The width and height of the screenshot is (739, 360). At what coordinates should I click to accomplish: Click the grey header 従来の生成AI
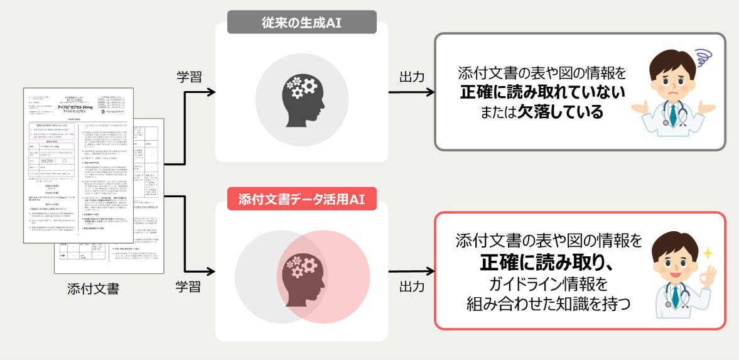(x=301, y=23)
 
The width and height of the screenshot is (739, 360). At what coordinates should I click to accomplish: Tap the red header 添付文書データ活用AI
(x=301, y=200)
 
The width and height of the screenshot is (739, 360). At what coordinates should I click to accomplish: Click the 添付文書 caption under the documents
(x=93, y=289)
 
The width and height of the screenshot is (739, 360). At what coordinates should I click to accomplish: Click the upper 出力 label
(x=411, y=77)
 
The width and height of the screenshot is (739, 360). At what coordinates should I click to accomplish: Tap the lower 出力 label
(x=411, y=287)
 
